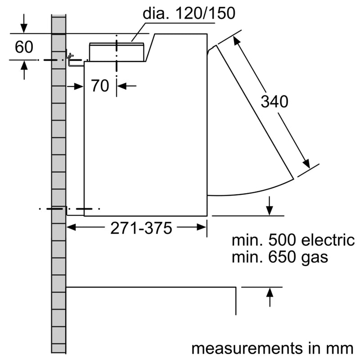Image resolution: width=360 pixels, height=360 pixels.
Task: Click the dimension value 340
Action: (x=274, y=102)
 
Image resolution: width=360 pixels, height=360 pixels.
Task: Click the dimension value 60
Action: (x=23, y=46)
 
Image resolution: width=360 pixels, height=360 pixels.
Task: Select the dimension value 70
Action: (x=100, y=85)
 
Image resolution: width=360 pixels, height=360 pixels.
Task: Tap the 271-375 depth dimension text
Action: (x=141, y=229)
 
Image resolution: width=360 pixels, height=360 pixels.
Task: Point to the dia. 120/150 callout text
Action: (x=189, y=13)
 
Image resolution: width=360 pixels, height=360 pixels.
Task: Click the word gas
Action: (x=315, y=258)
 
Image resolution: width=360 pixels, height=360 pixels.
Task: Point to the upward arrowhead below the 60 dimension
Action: (x=24, y=65)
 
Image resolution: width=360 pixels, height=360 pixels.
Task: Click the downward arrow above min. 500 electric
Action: (x=269, y=211)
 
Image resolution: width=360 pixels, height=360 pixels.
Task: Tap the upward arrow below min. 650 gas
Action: (x=269, y=292)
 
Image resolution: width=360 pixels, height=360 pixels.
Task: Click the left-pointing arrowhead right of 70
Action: (x=121, y=85)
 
